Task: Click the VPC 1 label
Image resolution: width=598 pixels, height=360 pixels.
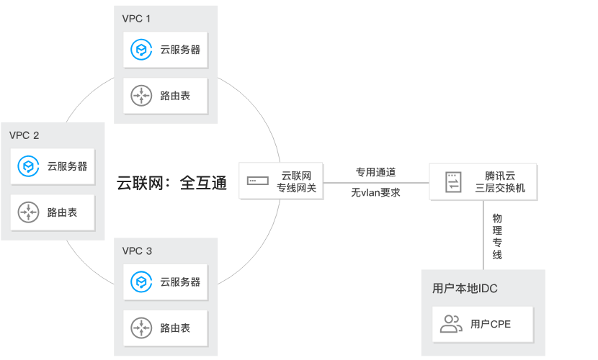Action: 137,17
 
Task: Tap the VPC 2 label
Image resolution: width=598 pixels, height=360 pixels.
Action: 24,135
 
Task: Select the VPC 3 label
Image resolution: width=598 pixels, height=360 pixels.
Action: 137,251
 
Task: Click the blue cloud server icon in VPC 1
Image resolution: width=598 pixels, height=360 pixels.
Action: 140,50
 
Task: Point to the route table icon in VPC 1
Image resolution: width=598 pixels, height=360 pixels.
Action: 140,95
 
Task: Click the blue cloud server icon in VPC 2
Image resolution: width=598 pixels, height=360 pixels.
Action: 28,166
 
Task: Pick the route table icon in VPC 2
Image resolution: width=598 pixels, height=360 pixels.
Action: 28,212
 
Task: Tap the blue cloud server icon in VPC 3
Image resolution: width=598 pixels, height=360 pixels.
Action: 140,282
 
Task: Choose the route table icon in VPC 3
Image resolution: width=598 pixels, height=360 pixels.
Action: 140,328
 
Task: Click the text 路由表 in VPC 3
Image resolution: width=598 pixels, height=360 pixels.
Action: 175,328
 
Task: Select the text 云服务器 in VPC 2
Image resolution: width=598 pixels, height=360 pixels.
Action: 67,166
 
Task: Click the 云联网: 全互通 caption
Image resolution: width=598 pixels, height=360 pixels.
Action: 171,183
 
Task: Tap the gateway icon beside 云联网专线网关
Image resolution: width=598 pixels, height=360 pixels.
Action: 256,181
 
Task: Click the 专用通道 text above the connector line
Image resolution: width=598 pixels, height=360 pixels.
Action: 375,173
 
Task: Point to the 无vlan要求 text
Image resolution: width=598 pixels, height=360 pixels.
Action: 375,193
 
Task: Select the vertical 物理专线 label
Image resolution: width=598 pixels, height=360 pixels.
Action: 497,235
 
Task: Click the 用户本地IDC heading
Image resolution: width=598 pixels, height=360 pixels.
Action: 465,289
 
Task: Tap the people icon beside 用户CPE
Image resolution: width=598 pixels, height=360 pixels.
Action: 451,324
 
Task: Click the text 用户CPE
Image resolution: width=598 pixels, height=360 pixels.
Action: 490,324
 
